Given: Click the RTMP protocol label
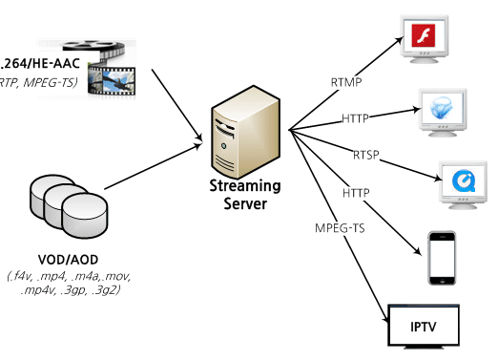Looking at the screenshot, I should coord(346,81).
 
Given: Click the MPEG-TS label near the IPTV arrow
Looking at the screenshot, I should coord(339,229).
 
